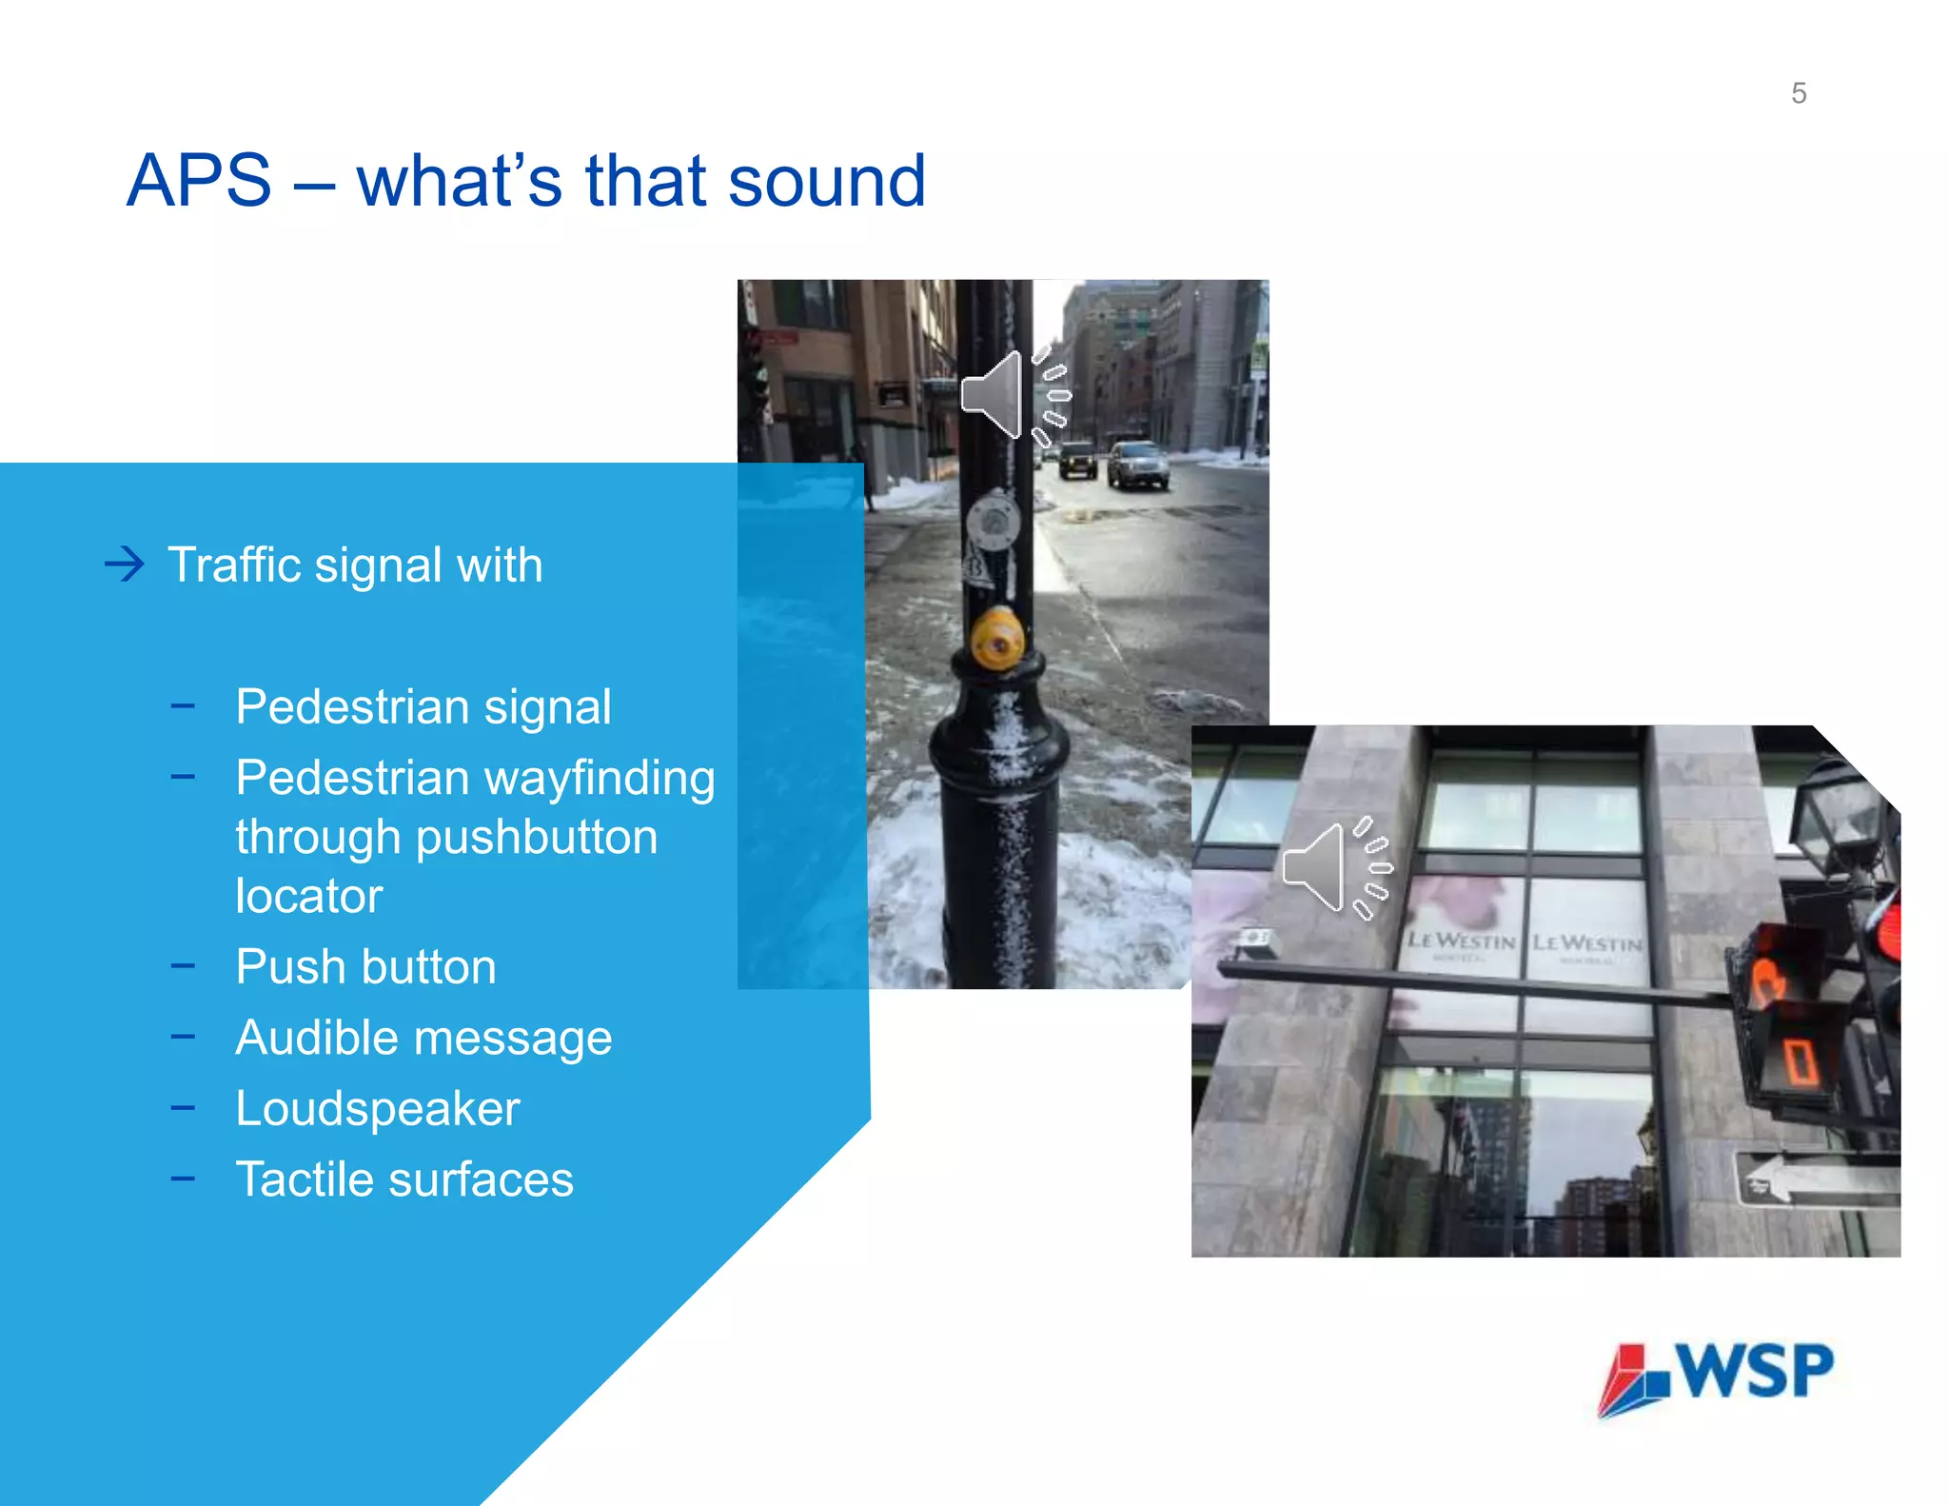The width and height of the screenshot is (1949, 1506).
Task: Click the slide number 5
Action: tap(1798, 93)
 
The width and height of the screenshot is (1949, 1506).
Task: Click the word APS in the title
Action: tap(199, 181)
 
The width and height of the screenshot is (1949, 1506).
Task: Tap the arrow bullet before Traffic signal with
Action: tap(125, 565)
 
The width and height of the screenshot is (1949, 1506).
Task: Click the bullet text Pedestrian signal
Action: tap(423, 706)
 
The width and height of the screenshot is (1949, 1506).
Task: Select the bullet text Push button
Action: tap(365, 967)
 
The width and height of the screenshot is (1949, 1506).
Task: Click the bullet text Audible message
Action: tap(423, 1038)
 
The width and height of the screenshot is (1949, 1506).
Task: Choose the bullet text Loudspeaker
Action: tap(377, 1109)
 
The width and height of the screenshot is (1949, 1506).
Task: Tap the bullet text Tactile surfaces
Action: tap(404, 1179)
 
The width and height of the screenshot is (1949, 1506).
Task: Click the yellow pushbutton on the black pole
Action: tap(996, 641)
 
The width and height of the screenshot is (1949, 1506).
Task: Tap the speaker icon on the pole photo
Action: tap(1014, 395)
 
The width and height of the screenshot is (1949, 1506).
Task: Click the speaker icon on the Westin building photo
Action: tap(1336, 867)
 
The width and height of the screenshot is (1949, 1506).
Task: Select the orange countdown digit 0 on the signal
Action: tap(1798, 1061)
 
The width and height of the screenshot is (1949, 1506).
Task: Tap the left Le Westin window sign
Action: tap(1461, 941)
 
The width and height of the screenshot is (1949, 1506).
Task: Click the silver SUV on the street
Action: tap(1136, 465)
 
